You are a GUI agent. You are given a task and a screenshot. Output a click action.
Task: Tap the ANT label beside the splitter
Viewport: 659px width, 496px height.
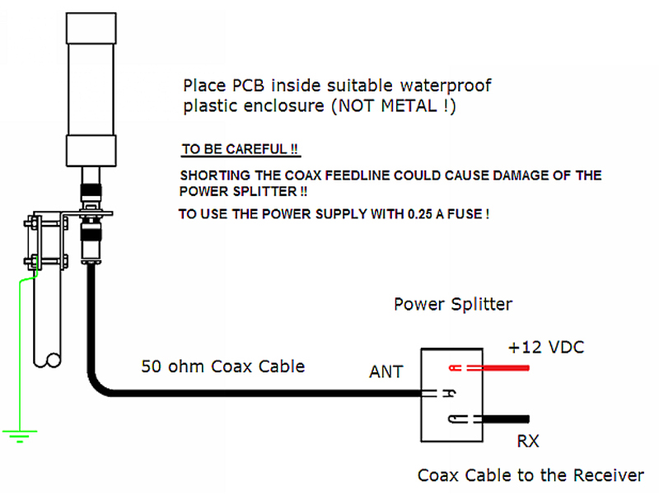point(386,372)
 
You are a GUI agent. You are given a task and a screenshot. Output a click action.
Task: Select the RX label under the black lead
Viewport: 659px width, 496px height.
point(528,442)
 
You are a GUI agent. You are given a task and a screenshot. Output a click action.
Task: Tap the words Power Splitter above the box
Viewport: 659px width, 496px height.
point(452,304)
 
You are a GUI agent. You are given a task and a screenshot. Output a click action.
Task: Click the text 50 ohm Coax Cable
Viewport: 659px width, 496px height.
point(222,366)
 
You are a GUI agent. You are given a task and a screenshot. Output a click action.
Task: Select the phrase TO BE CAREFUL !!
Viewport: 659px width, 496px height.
point(241,150)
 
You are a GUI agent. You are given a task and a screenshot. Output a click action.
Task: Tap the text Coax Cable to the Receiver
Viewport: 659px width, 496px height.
point(530,475)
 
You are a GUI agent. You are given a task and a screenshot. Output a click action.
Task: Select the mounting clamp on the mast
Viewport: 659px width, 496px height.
point(47,241)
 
